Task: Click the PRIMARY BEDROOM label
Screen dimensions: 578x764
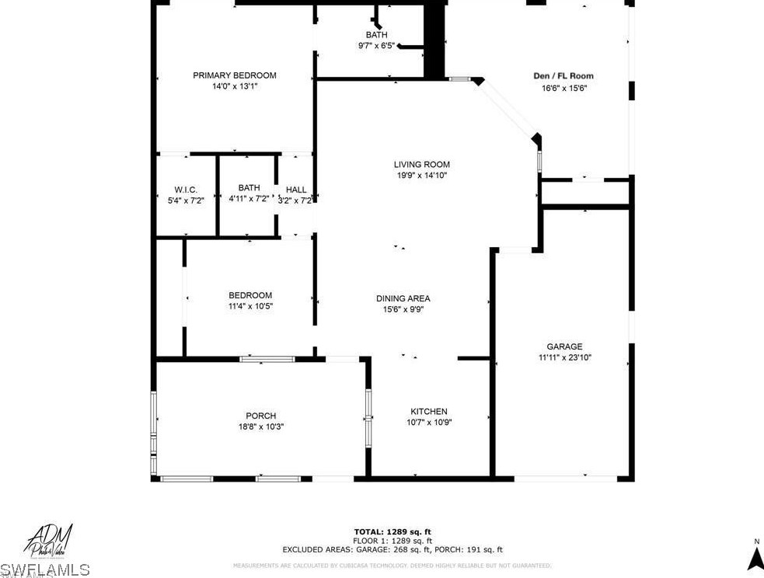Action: pyautogui.click(x=235, y=75)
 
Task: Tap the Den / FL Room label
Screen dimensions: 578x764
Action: pyautogui.click(x=563, y=76)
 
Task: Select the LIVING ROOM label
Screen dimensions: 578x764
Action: pyautogui.click(x=421, y=165)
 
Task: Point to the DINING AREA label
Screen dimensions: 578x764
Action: pyautogui.click(x=403, y=298)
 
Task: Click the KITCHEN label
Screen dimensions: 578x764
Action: pyautogui.click(x=429, y=412)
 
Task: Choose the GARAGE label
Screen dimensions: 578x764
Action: pyautogui.click(x=564, y=347)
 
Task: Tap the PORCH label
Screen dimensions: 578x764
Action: pyautogui.click(x=260, y=416)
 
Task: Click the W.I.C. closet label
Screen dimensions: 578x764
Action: pyautogui.click(x=186, y=190)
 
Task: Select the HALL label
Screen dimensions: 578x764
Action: pyautogui.click(x=296, y=190)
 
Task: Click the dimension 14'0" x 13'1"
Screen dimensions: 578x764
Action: pyautogui.click(x=235, y=86)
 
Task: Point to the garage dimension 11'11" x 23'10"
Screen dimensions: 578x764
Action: pyautogui.click(x=564, y=358)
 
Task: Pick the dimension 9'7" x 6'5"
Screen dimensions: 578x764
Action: pyautogui.click(x=377, y=46)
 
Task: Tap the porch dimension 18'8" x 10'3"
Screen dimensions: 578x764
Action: pyautogui.click(x=260, y=427)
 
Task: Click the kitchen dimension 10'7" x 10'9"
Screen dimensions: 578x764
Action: pyautogui.click(x=429, y=423)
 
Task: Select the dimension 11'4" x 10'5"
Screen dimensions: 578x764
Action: pyautogui.click(x=250, y=306)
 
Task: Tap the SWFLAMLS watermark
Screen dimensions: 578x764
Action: pyautogui.click(x=45, y=570)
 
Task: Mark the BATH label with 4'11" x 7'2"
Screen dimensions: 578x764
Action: pyautogui.click(x=249, y=188)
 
